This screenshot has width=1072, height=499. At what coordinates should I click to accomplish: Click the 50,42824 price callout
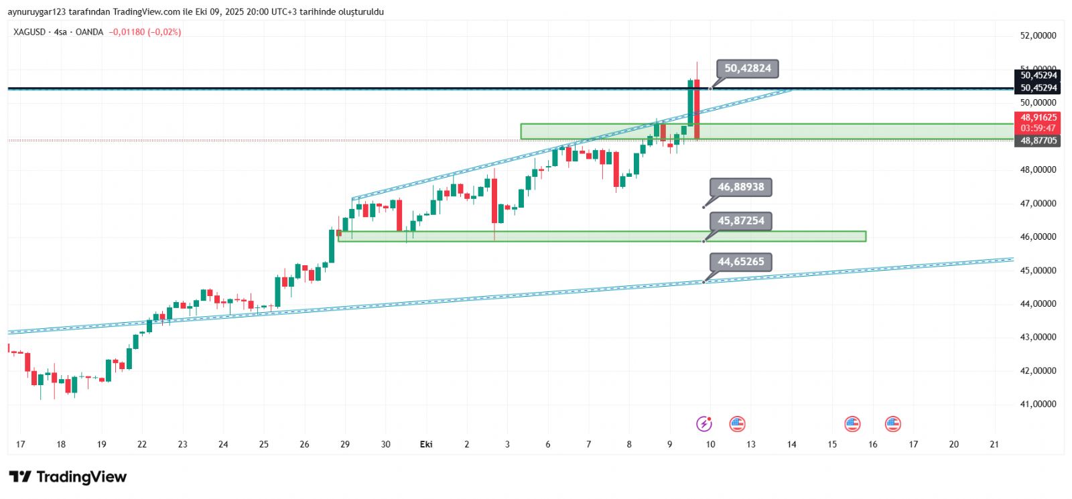point(747,68)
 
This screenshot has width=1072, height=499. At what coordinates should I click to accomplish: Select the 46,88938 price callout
point(740,187)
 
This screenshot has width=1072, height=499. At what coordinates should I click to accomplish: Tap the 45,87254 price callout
point(740,220)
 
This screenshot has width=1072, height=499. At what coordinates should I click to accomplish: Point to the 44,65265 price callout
point(740,262)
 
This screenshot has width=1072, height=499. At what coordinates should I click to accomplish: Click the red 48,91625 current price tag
point(1038,122)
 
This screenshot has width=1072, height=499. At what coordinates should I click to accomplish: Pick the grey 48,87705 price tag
point(1038,141)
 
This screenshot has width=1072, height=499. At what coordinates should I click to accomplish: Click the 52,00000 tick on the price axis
point(1038,35)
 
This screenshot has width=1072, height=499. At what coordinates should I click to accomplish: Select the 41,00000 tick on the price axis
point(1038,404)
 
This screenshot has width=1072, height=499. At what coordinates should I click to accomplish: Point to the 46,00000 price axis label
point(1038,236)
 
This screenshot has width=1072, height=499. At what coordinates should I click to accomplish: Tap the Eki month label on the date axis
point(426,444)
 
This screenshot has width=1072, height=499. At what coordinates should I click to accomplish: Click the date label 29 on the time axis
point(345,444)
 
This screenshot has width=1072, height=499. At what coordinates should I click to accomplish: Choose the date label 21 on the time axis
point(994,444)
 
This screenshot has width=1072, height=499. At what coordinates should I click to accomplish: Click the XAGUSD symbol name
point(29,32)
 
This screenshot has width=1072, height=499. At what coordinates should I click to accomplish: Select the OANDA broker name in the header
point(89,32)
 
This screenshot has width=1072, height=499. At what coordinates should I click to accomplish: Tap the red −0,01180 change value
point(127,32)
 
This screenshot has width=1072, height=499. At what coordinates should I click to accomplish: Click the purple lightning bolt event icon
point(703,423)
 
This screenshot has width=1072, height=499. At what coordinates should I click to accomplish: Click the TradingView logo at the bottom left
point(68,477)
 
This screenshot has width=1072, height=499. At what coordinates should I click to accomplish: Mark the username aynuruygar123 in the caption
point(37,12)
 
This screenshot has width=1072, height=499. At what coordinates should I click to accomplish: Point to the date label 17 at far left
point(21,444)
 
